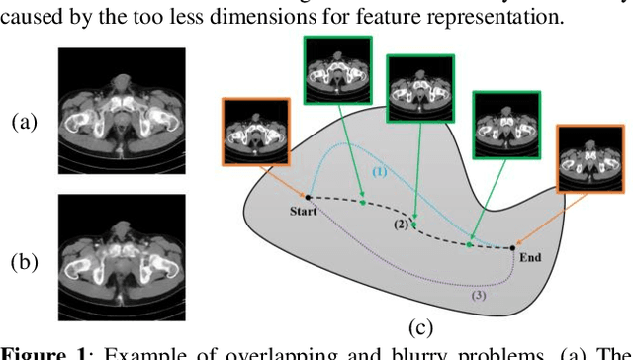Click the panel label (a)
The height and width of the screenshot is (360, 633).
[25, 122]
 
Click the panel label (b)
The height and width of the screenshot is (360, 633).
[25, 263]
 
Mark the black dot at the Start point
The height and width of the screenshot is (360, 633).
[309, 198]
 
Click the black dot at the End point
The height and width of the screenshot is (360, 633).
[514, 247]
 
